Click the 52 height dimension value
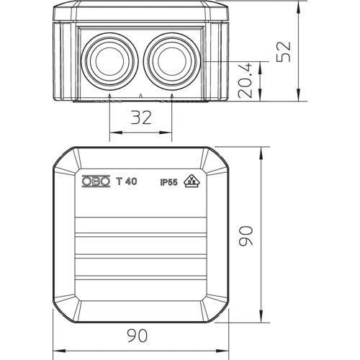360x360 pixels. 284,52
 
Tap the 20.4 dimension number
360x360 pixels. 246,81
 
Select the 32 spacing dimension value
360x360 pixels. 141,117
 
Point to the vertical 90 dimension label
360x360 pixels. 246,235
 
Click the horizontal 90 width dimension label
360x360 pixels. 137,336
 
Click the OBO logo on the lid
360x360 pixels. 96,181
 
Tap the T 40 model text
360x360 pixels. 127,181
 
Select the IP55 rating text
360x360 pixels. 168,183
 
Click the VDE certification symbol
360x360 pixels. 192,181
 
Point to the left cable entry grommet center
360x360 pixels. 109,61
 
